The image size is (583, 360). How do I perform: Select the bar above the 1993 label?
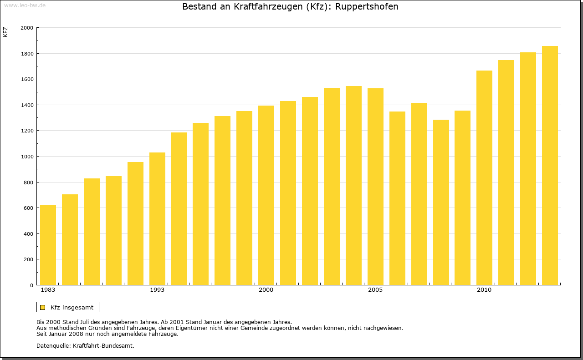point(157,218)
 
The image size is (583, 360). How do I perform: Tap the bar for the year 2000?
point(266,195)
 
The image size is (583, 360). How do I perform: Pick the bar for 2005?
point(375,187)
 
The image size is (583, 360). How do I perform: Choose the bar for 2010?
point(484,177)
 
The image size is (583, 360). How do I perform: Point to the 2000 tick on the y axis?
point(27,28)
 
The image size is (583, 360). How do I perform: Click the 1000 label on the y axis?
point(27,157)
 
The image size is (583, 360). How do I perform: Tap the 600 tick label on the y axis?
point(28,208)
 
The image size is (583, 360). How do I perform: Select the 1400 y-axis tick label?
point(27,105)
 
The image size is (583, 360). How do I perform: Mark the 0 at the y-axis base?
point(31,285)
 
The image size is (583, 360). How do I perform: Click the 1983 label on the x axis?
point(48,290)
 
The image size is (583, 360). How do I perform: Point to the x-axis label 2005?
point(375,290)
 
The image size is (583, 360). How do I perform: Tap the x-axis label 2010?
point(484,290)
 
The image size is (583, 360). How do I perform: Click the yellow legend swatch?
point(42,307)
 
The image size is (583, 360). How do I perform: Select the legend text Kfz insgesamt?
point(72,307)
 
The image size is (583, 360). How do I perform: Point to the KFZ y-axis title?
point(5,32)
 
